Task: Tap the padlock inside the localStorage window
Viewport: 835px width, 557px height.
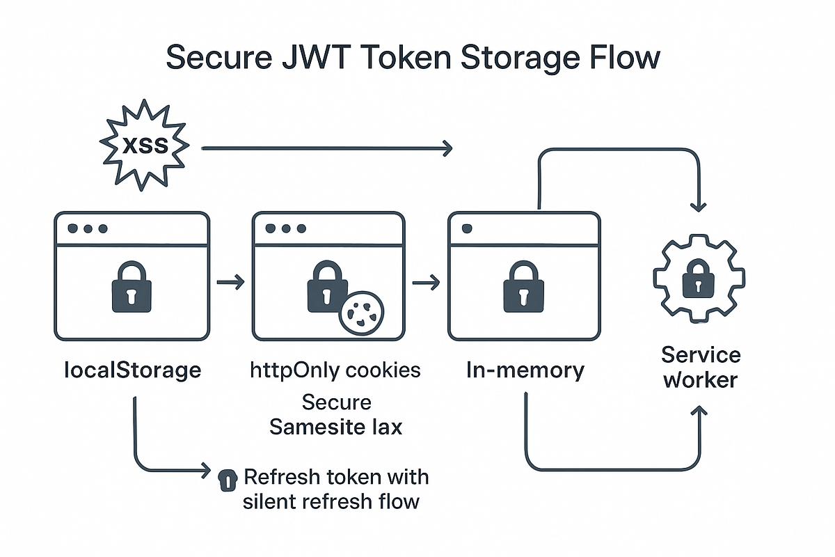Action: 131,286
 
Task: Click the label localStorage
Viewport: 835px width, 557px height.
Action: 131,370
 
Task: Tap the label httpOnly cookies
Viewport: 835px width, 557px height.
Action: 335,370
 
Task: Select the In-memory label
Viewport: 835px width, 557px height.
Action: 525,370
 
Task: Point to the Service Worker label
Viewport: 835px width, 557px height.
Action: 701,368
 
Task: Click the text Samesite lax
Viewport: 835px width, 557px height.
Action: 335,426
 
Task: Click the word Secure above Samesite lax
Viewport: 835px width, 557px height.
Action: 336,402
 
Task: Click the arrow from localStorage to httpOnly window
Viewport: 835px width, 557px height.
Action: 231,282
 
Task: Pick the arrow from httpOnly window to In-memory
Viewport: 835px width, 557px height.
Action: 426,282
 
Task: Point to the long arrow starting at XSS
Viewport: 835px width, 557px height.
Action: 327,148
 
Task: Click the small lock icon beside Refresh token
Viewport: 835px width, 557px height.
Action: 227,479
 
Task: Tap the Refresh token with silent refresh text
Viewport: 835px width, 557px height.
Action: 335,489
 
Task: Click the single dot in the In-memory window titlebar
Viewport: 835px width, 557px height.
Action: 466,228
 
